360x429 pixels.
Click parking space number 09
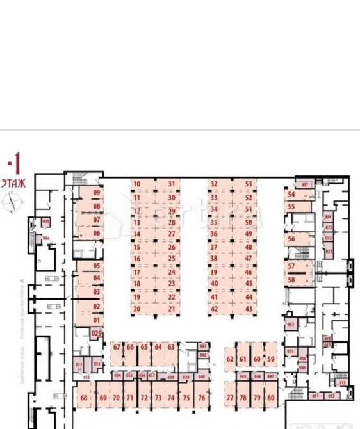(97, 193)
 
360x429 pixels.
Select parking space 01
(97, 320)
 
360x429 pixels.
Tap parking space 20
(136, 309)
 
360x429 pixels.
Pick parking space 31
(172, 184)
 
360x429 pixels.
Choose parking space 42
(215, 309)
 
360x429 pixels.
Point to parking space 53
(249, 184)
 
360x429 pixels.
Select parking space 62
(230, 359)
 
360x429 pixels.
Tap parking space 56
(291, 239)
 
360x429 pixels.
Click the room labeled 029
(97, 334)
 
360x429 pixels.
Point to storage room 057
(306, 185)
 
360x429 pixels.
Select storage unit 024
(329, 217)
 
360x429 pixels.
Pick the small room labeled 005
(46, 222)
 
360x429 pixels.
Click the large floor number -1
(14, 163)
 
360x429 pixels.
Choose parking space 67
(117, 347)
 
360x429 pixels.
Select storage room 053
(290, 325)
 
